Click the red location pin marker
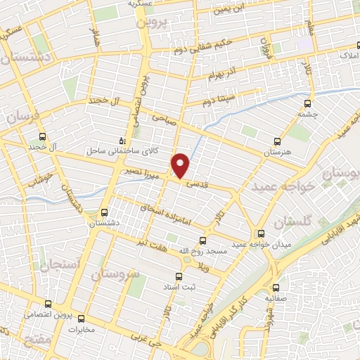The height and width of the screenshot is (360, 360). pos(181,166)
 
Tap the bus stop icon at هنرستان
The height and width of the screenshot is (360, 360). pos(277,141)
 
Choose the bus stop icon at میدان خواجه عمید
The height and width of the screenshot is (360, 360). pos(262,233)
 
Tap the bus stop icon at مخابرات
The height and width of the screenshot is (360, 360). pos(81,319)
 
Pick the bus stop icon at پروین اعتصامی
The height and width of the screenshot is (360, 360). pos(47,304)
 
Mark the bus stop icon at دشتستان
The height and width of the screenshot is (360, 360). pos(105,211)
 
